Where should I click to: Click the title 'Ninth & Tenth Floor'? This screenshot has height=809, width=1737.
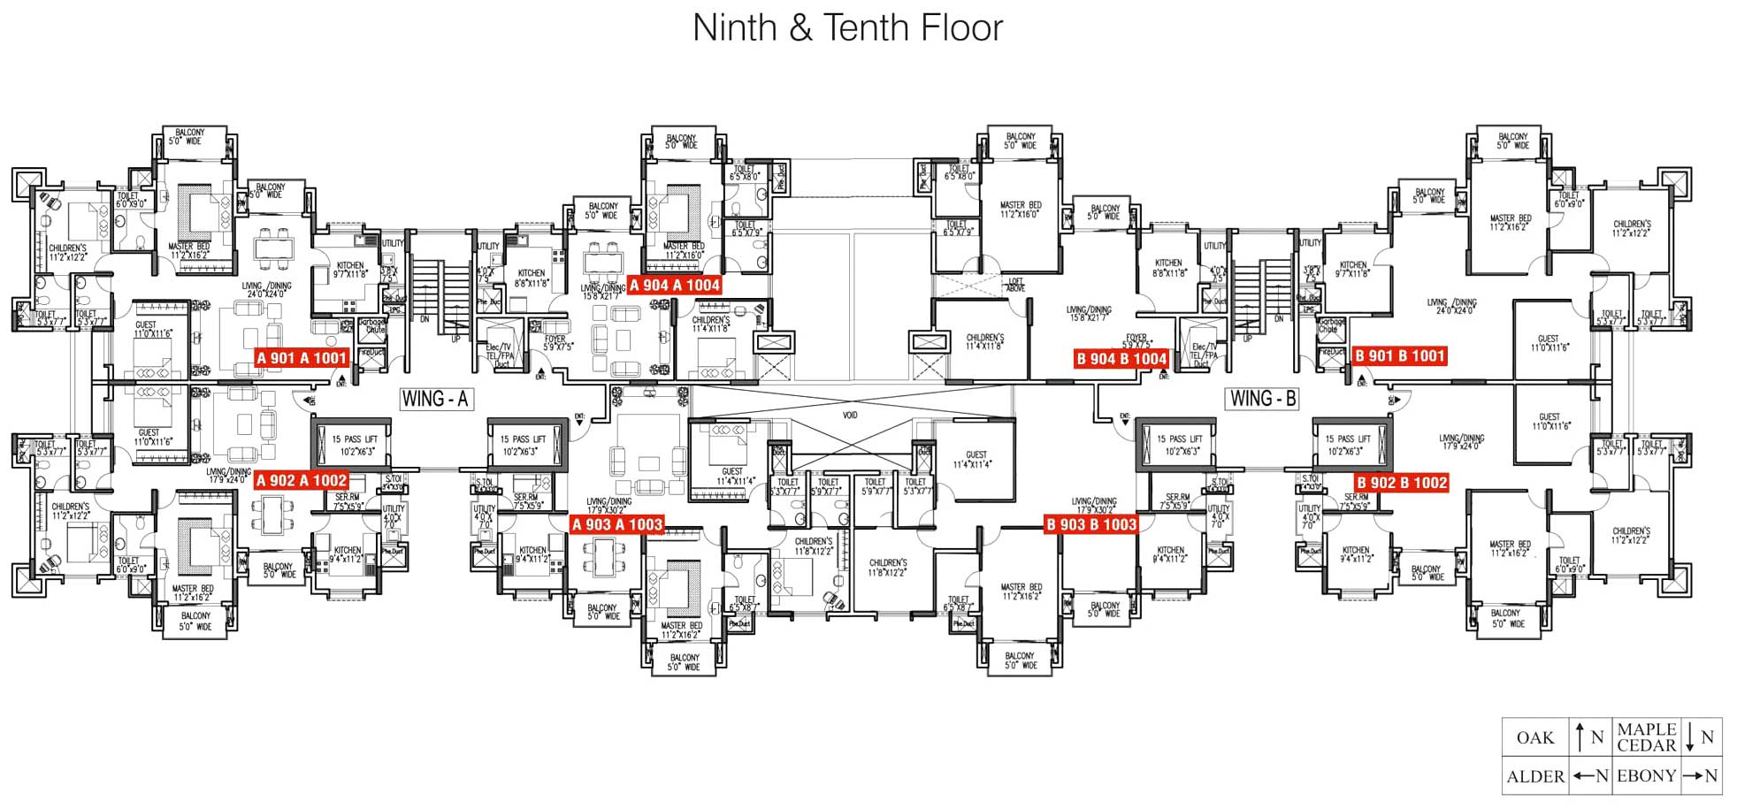(x=847, y=28)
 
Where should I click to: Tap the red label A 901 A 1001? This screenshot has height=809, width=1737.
(x=302, y=358)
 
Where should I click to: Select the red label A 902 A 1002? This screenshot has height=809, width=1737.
(x=302, y=480)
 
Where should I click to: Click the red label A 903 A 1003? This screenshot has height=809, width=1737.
(x=616, y=524)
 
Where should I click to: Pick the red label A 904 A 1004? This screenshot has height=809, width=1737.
(x=675, y=285)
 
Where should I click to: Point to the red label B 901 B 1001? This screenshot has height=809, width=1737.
(x=1400, y=356)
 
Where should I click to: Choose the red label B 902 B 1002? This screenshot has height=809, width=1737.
(x=1402, y=483)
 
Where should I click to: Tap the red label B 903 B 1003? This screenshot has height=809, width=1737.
(x=1091, y=524)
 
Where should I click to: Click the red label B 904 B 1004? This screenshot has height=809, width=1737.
(x=1121, y=358)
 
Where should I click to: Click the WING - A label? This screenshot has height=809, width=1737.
(x=434, y=399)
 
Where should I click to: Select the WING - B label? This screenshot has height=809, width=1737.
(x=1263, y=399)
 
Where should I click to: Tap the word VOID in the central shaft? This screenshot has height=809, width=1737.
(x=850, y=415)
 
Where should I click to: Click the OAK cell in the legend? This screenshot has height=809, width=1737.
(x=1534, y=737)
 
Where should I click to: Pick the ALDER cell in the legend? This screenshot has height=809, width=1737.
(x=1535, y=776)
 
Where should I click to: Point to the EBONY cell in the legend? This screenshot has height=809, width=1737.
(x=1646, y=776)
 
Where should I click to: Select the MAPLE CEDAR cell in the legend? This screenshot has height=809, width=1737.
(x=1646, y=737)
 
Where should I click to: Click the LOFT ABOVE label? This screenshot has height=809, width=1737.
(x=1016, y=285)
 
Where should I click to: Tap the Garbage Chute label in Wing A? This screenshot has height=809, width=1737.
(x=372, y=325)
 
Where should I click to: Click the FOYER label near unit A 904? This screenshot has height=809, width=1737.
(x=555, y=342)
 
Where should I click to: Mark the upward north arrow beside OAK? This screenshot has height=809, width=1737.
(x=1580, y=736)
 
